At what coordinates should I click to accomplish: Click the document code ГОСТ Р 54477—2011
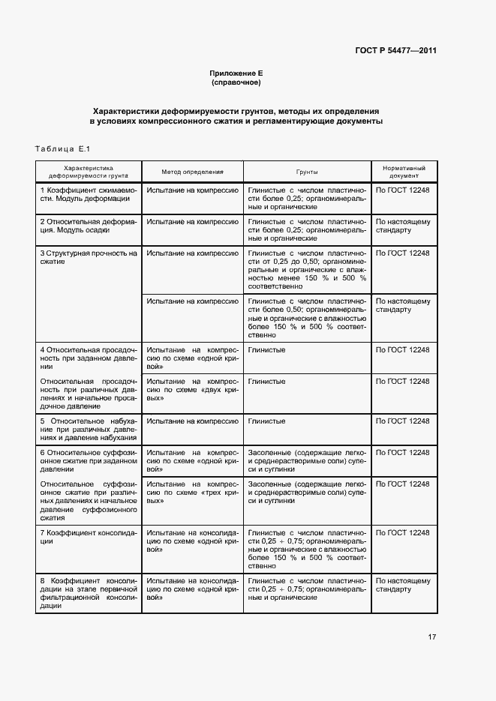coord(396,51)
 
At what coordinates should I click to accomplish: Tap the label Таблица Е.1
coord(62,148)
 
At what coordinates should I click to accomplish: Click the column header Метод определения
coord(193,172)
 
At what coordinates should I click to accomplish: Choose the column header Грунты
coord(307,172)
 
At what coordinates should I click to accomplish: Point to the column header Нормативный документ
coord(404,172)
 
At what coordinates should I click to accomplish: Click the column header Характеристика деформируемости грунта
coord(88,172)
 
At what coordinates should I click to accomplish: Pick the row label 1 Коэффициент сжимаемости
coord(88,196)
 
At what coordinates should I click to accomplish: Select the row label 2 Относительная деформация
coord(88,226)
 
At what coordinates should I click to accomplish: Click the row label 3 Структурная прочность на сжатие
coord(88,258)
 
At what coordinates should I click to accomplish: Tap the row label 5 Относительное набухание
coord(88,429)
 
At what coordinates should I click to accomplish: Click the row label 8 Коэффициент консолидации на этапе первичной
coord(88,593)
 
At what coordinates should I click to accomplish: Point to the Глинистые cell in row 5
coord(267,421)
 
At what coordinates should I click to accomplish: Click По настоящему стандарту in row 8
coord(403,585)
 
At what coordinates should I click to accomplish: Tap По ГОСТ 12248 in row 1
coord(403,191)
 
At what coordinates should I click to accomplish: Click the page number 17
coord(431,637)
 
